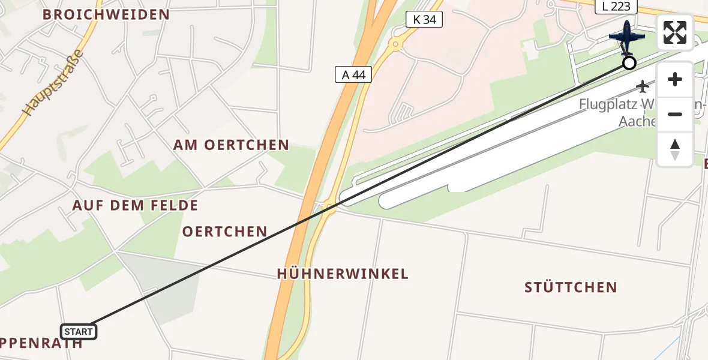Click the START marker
tap(79, 331)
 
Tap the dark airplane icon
tap(627, 37)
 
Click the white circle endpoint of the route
tap(629, 62)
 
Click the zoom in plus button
tap(675, 79)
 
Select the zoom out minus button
tap(675, 114)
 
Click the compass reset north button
tap(675, 149)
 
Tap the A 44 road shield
tap(353, 74)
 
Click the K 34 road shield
tap(425, 20)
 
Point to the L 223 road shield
tap(616, 7)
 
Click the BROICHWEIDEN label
tap(106, 15)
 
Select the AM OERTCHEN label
tap(231, 145)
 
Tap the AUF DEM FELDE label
tap(135, 206)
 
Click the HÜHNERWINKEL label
tap(343, 274)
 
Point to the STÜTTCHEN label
tap(571, 287)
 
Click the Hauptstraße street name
tap(52, 83)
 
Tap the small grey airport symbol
tap(643, 86)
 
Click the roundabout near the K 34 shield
tap(395, 43)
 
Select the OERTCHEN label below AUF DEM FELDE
tap(224, 232)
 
